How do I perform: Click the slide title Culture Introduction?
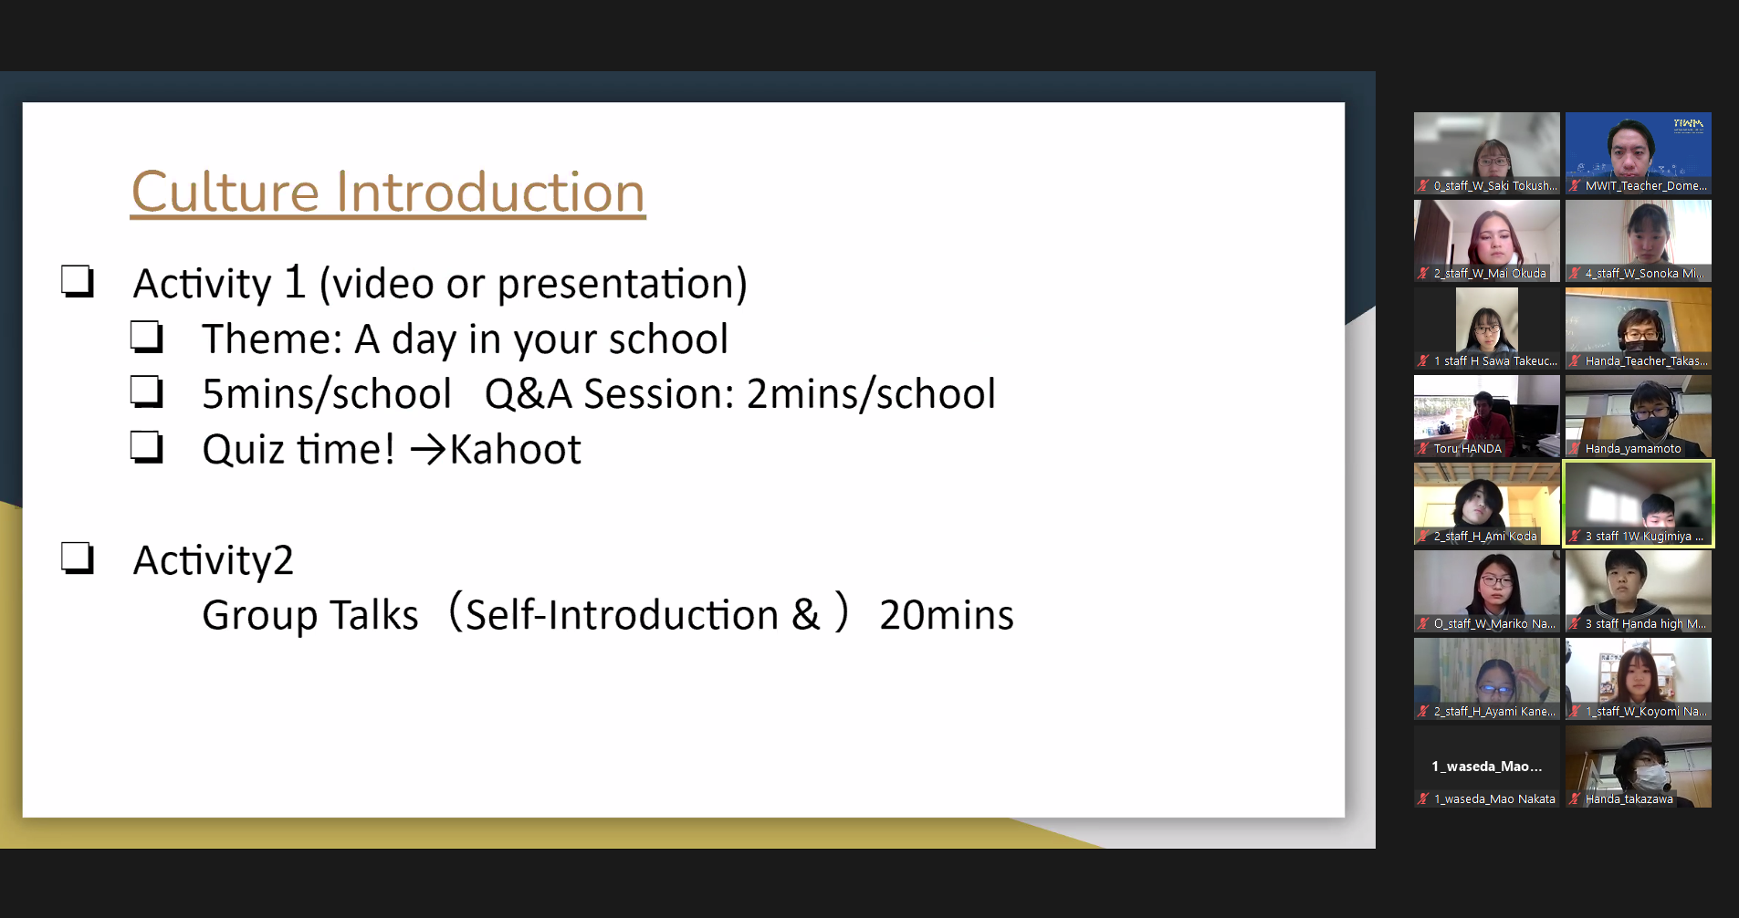point(388,193)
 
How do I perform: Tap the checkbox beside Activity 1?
point(78,281)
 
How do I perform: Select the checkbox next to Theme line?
point(146,337)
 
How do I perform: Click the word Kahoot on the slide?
point(516,449)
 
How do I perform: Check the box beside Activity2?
point(78,558)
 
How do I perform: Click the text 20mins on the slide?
point(947,615)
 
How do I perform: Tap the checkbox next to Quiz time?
point(146,447)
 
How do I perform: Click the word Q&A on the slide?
point(528,394)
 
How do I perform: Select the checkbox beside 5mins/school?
point(146,391)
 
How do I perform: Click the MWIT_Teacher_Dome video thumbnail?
point(1639,153)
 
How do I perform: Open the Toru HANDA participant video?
point(1487,416)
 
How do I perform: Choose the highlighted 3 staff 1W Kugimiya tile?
point(1639,504)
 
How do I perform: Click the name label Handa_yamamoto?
point(1633,449)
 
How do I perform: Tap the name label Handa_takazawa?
point(1629,799)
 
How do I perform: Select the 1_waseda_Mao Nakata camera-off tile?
point(1487,767)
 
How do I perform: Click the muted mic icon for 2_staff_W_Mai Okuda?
point(1423,274)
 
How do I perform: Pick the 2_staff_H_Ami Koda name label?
point(1485,537)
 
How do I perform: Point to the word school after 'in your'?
point(668,339)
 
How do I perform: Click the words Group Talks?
point(310,616)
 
